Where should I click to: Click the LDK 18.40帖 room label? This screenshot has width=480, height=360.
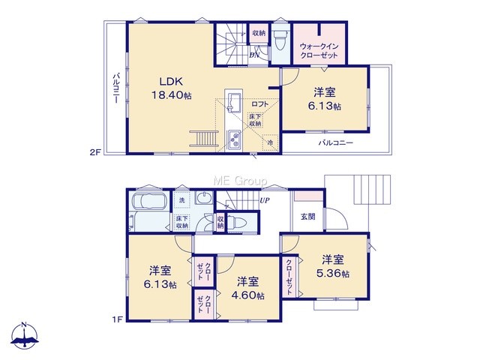click(172, 88)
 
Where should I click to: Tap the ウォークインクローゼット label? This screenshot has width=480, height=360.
click(319, 51)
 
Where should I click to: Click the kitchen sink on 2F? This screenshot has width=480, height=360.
click(234, 103)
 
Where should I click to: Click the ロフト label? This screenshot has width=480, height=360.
click(260, 104)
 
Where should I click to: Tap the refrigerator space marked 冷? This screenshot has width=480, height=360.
click(270, 142)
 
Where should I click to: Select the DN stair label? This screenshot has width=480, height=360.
click(254, 55)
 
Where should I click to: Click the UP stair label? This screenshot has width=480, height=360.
click(265, 200)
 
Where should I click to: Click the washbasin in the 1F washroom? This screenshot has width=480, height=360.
click(203, 197)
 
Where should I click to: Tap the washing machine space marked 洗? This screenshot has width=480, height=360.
click(181, 200)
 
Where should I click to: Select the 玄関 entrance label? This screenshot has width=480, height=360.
click(308, 217)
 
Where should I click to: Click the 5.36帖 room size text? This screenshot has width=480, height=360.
click(333, 273)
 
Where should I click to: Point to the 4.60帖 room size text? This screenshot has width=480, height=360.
click(248, 295)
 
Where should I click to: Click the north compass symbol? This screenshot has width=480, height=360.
click(25, 335)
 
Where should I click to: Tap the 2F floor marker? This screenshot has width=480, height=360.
click(95, 152)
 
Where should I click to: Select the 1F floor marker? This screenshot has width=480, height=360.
click(117, 319)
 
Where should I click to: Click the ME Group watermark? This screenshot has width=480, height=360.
click(240, 181)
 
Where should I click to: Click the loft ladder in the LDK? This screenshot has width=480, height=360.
click(203, 138)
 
